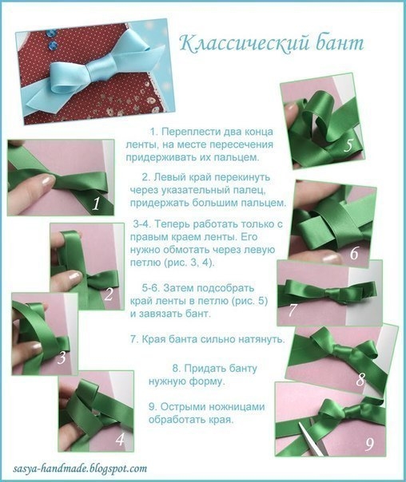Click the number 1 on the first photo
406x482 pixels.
point(96,204)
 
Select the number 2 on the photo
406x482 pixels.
point(108,294)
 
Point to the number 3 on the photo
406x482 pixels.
point(62,359)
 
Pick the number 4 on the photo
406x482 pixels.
point(119,439)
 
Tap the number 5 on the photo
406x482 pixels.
point(348,146)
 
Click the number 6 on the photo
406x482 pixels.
point(353,255)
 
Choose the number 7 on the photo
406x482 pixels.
point(293,309)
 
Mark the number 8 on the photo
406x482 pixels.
point(360,380)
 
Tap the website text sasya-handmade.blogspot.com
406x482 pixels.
point(80,469)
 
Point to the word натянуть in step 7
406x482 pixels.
point(257,339)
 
